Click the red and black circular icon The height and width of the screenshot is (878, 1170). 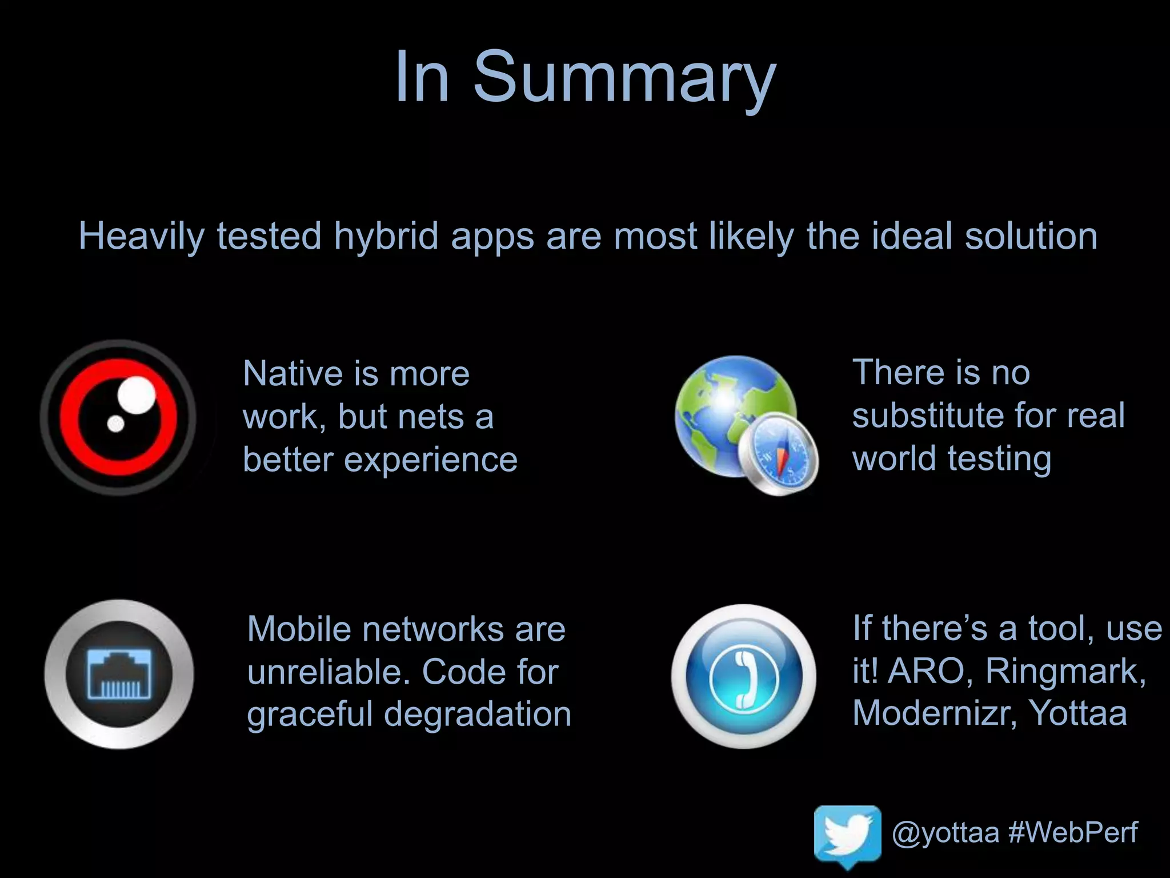coord(118,417)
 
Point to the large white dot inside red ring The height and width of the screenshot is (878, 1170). coord(137,395)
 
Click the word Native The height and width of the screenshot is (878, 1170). coord(292,374)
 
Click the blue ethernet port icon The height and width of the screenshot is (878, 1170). coord(119,675)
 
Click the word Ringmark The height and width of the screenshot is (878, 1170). coord(1065,671)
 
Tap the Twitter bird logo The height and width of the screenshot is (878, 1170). coord(848,832)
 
